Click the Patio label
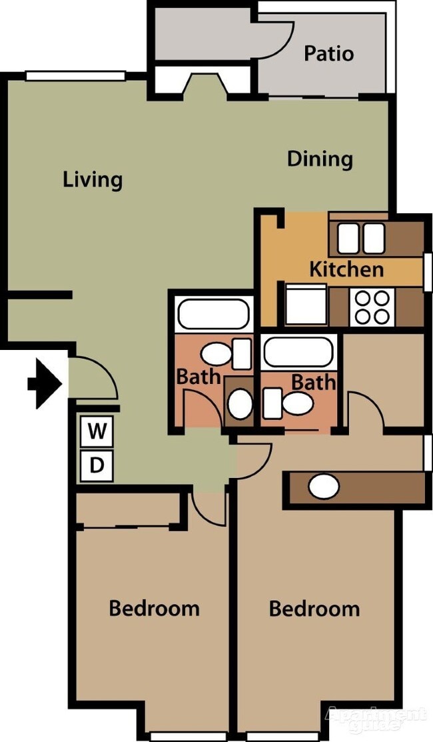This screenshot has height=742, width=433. (x=328, y=53)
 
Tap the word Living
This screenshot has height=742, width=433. (x=93, y=179)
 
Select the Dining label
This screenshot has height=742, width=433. (x=320, y=159)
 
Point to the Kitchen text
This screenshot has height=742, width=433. (x=346, y=269)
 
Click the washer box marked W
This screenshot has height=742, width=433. (x=97, y=431)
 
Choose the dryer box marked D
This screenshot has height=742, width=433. (x=97, y=465)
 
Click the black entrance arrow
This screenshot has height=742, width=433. (x=45, y=383)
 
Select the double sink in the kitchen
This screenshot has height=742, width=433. (x=360, y=238)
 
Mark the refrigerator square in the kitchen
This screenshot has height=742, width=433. (x=306, y=305)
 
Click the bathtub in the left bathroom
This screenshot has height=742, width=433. (x=213, y=314)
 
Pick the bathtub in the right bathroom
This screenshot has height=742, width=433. (x=297, y=353)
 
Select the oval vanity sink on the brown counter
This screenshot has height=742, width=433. (x=324, y=487)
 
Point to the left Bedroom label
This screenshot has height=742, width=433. (x=154, y=608)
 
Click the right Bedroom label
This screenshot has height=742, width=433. (x=314, y=608)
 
